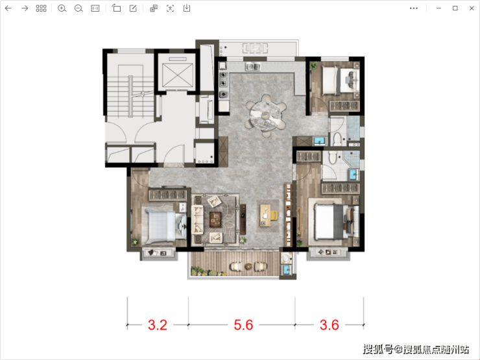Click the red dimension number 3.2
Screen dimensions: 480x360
point(158,325)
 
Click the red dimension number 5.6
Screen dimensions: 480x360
point(243,325)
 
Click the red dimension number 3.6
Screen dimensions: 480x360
point(330,325)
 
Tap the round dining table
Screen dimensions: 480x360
point(265,115)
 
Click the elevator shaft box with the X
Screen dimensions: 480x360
point(178,75)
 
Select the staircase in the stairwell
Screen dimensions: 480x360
point(131,97)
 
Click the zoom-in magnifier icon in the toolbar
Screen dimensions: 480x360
point(62,8)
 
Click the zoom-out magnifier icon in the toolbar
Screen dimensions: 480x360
point(78,8)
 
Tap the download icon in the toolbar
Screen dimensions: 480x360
point(187,8)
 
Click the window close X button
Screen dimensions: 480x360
point(472,8)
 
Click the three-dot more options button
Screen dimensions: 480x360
point(414,8)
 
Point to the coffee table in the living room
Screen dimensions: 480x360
point(215,219)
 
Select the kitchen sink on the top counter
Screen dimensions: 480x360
point(253,66)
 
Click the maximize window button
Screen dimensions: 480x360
point(455,8)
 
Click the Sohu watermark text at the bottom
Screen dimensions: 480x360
point(416,349)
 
